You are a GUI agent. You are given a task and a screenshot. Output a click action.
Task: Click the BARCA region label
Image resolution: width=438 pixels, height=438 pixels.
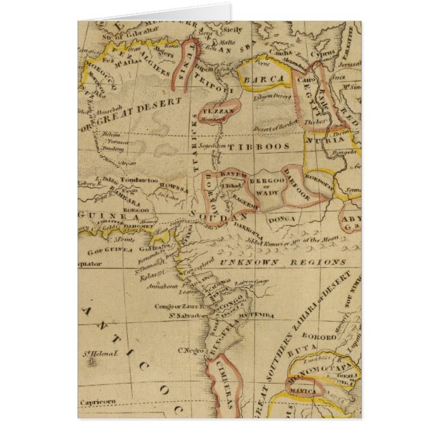tap(266, 80)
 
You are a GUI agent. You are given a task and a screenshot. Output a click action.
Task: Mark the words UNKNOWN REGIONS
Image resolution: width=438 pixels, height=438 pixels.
tap(284, 262)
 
